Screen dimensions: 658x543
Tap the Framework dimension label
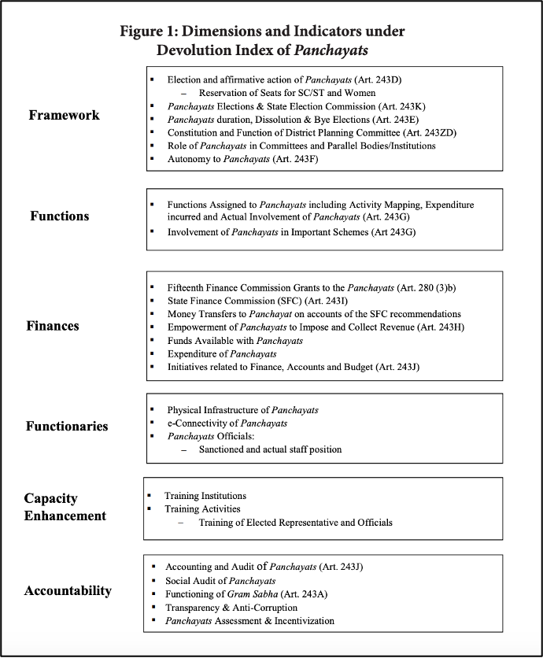(64, 115)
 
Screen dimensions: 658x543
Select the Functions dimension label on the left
(60, 216)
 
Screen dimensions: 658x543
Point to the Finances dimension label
(53, 326)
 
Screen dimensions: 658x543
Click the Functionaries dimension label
(67, 427)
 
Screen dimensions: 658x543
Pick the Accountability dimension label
(68, 591)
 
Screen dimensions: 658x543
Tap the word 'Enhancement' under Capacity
(65, 516)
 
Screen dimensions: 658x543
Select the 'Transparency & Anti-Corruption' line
(231, 607)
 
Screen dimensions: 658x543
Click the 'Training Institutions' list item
(205, 496)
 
